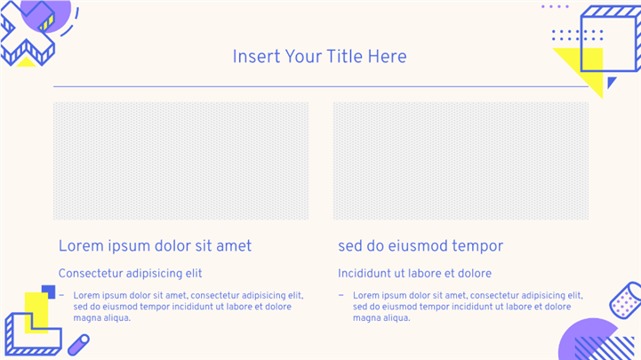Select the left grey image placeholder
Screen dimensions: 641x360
tap(181, 161)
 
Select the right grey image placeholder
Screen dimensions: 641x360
tap(461, 161)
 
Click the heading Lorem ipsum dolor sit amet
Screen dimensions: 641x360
tap(155, 246)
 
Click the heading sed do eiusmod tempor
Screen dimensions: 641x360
tap(421, 246)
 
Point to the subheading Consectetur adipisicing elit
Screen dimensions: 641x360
tap(130, 274)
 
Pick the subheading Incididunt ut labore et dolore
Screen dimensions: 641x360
tap(414, 274)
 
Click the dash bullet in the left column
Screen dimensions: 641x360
tap(61, 295)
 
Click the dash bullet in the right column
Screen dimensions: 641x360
tap(341, 295)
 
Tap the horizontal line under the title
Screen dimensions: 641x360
tap(321, 86)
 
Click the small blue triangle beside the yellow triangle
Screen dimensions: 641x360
tap(611, 81)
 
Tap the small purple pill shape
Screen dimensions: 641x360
tap(78, 345)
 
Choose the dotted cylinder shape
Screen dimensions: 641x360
tap(626, 300)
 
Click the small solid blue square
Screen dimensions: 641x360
tap(49, 292)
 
